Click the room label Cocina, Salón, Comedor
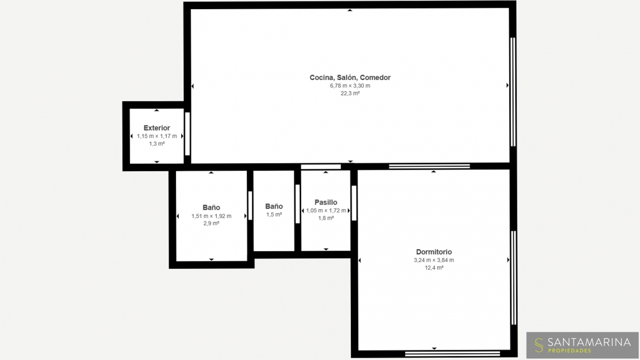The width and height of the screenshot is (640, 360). [x=350, y=77]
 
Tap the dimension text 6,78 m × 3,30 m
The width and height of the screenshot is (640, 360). [x=350, y=86]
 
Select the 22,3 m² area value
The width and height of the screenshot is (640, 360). [x=350, y=93]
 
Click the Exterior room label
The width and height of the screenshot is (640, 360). [x=157, y=128]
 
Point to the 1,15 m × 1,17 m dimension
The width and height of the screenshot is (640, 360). [x=157, y=137]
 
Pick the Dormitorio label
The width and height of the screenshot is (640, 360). [x=434, y=252]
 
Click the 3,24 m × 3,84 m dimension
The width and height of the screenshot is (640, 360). [x=434, y=260]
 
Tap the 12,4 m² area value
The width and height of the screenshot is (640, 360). [x=434, y=268]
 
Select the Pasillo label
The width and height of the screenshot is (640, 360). [x=326, y=202]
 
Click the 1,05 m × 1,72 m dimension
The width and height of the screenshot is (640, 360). [x=326, y=211]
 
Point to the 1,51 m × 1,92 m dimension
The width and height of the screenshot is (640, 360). [x=211, y=217]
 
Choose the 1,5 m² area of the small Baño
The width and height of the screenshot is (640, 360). [x=274, y=214]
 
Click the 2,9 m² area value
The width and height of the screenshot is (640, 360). [x=211, y=223]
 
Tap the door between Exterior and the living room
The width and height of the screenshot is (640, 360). [x=187, y=134]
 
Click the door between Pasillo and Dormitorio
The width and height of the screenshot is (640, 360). [x=354, y=203]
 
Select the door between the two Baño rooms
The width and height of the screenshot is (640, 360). [x=250, y=206]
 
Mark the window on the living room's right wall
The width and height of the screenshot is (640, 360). [x=513, y=92]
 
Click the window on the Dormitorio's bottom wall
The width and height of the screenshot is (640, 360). [x=453, y=354]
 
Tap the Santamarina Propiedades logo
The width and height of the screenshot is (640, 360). [x=582, y=345]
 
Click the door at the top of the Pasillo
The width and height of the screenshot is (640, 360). [x=321, y=167]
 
